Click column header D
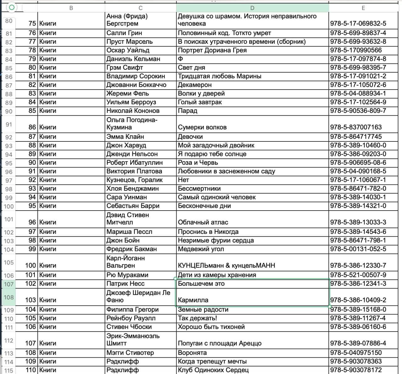252,8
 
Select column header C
140,8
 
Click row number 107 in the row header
8,284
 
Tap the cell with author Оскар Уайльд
128,50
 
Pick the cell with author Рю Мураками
127,275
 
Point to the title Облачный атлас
203,222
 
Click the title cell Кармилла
193,300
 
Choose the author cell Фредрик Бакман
132,249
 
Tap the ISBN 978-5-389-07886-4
358,343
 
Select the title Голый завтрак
200,102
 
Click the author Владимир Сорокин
136,76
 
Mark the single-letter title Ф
181,59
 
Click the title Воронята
192,353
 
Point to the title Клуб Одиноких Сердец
213,370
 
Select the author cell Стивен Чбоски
129,327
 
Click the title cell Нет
183,180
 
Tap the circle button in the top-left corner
12,7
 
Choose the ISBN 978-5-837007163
356,127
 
